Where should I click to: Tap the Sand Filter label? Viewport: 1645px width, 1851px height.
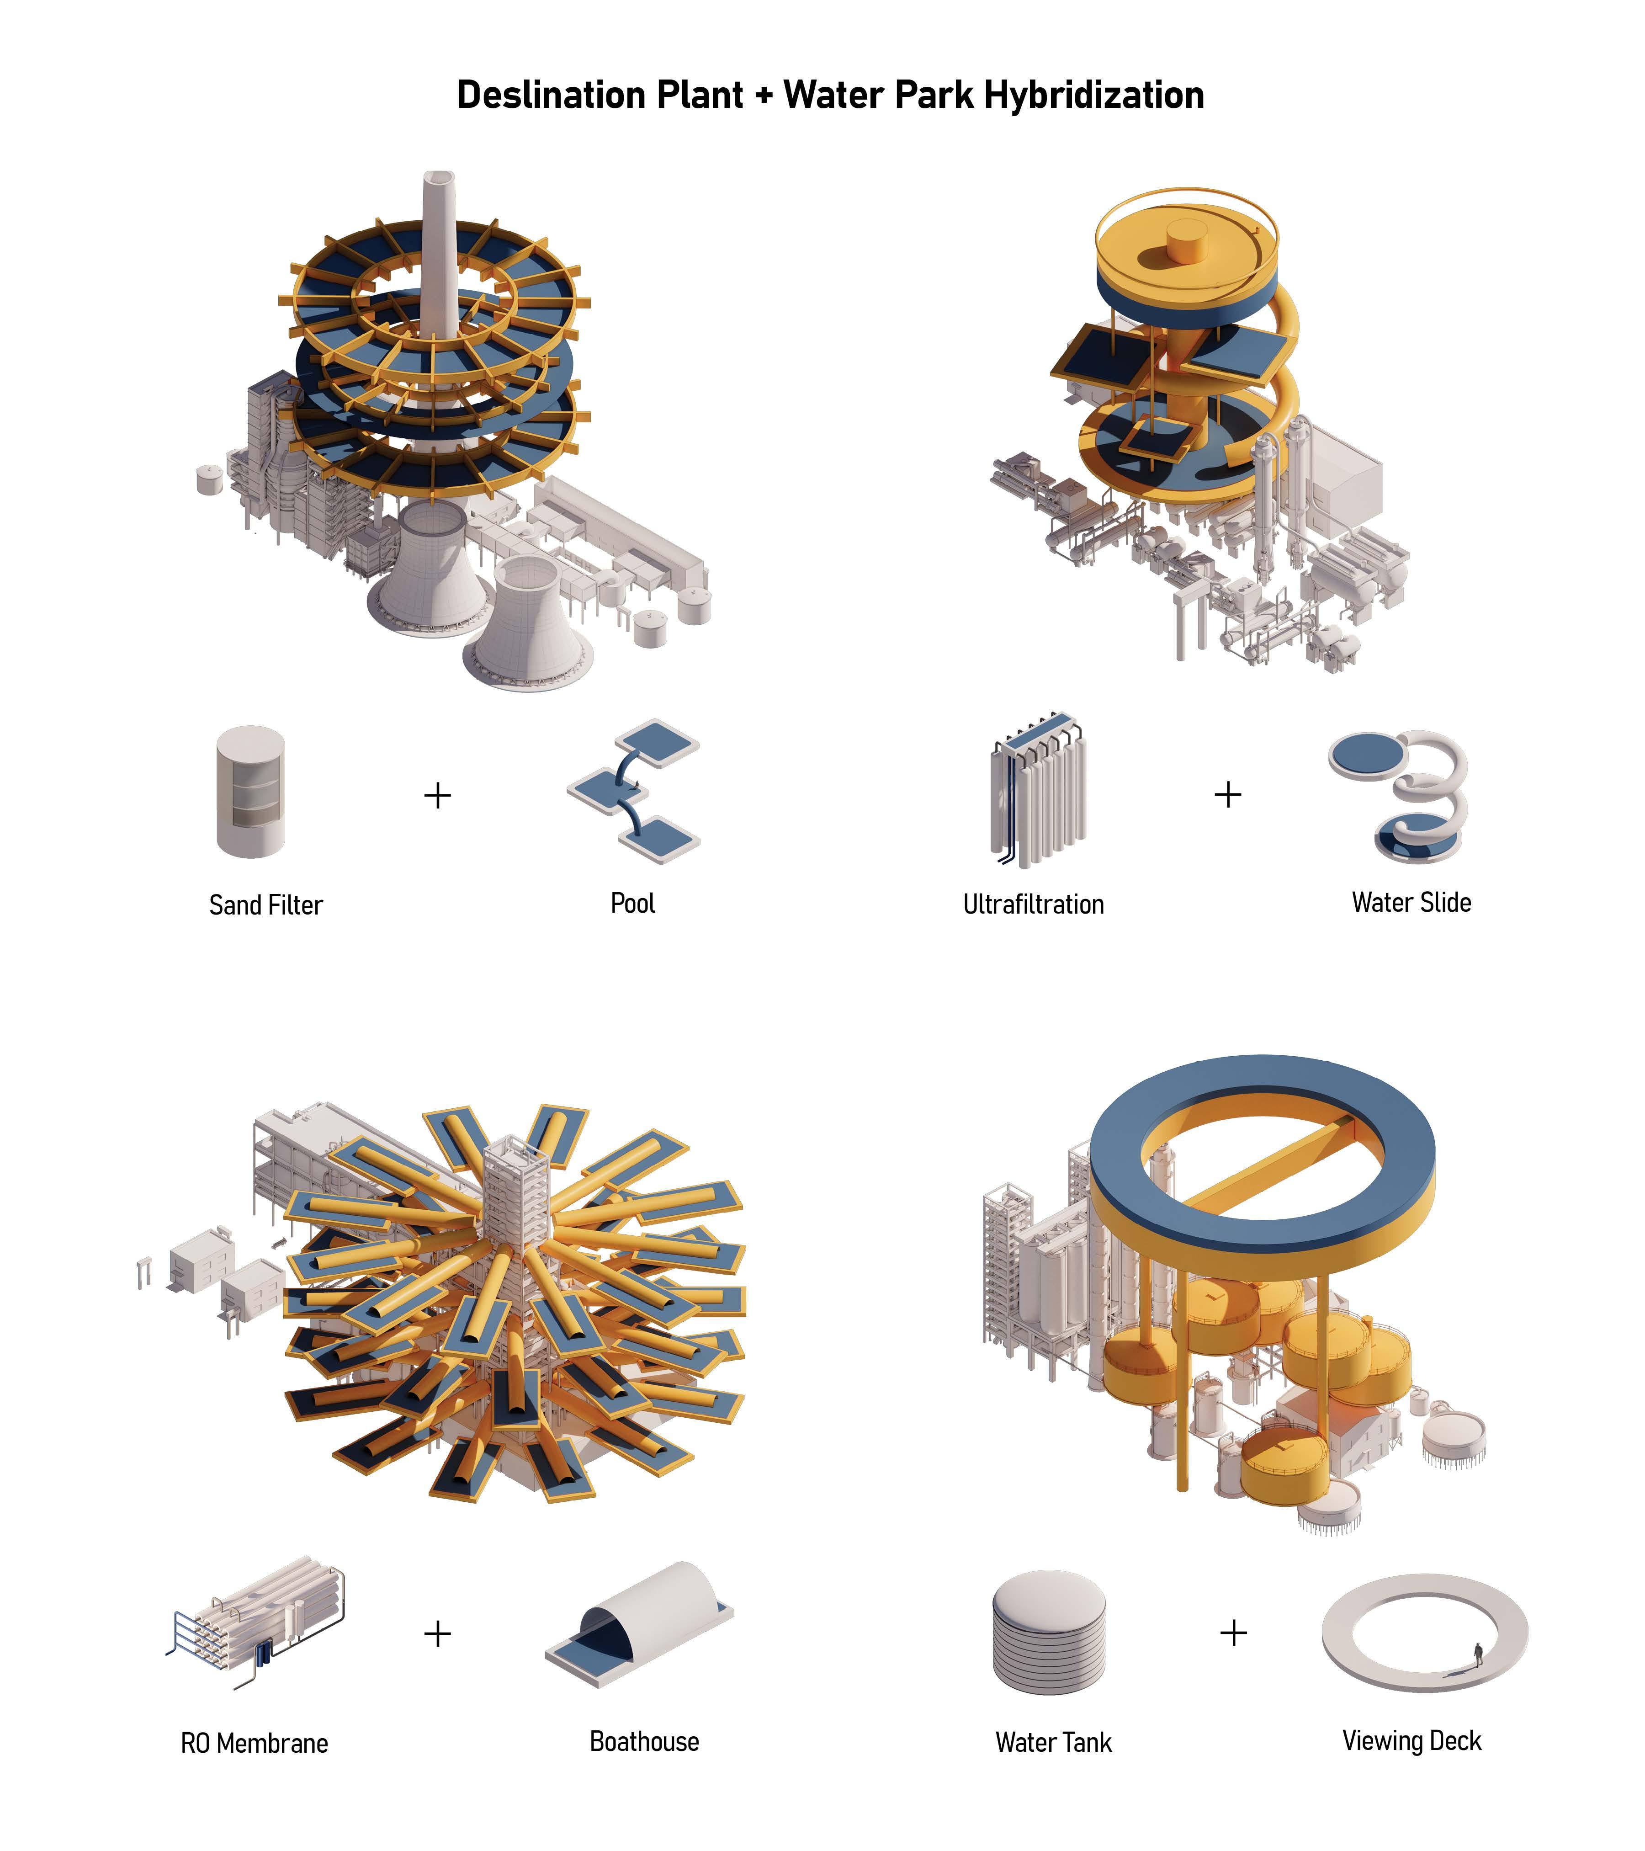265,904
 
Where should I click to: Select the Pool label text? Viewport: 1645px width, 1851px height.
633,903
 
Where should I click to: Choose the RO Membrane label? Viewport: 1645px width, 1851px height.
255,1743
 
